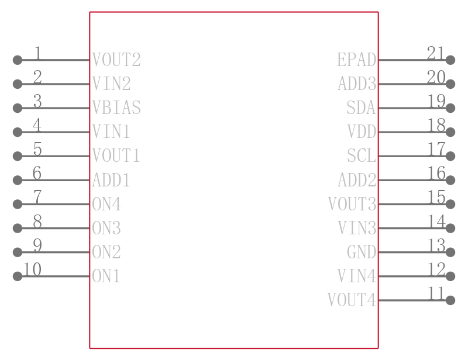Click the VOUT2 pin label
pyautogui.click(x=116, y=60)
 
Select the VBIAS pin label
pyautogui.click(x=116, y=108)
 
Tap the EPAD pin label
pyautogui.click(x=357, y=60)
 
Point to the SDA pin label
pyautogui.click(x=361, y=108)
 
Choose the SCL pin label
pyautogui.click(x=362, y=155)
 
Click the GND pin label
pyautogui.click(x=362, y=252)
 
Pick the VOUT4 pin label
pyautogui.click(x=352, y=300)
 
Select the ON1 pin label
pyautogui.click(x=106, y=276)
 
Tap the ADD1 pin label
pyautogui.click(x=111, y=180)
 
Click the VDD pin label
pyautogui.click(x=362, y=132)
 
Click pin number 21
pyautogui.click(x=436, y=53)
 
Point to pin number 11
pyautogui.click(x=436, y=293)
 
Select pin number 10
pyautogui.click(x=32, y=269)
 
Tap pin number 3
pyautogui.click(x=37, y=102)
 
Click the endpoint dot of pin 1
pyautogui.click(x=18, y=60)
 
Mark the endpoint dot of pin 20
pyautogui.click(x=450, y=84)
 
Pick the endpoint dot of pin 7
pyautogui.click(x=18, y=204)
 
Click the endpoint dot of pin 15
pyautogui.click(x=450, y=204)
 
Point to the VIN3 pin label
pyautogui.click(x=357, y=228)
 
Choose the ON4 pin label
pyautogui.click(x=106, y=204)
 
